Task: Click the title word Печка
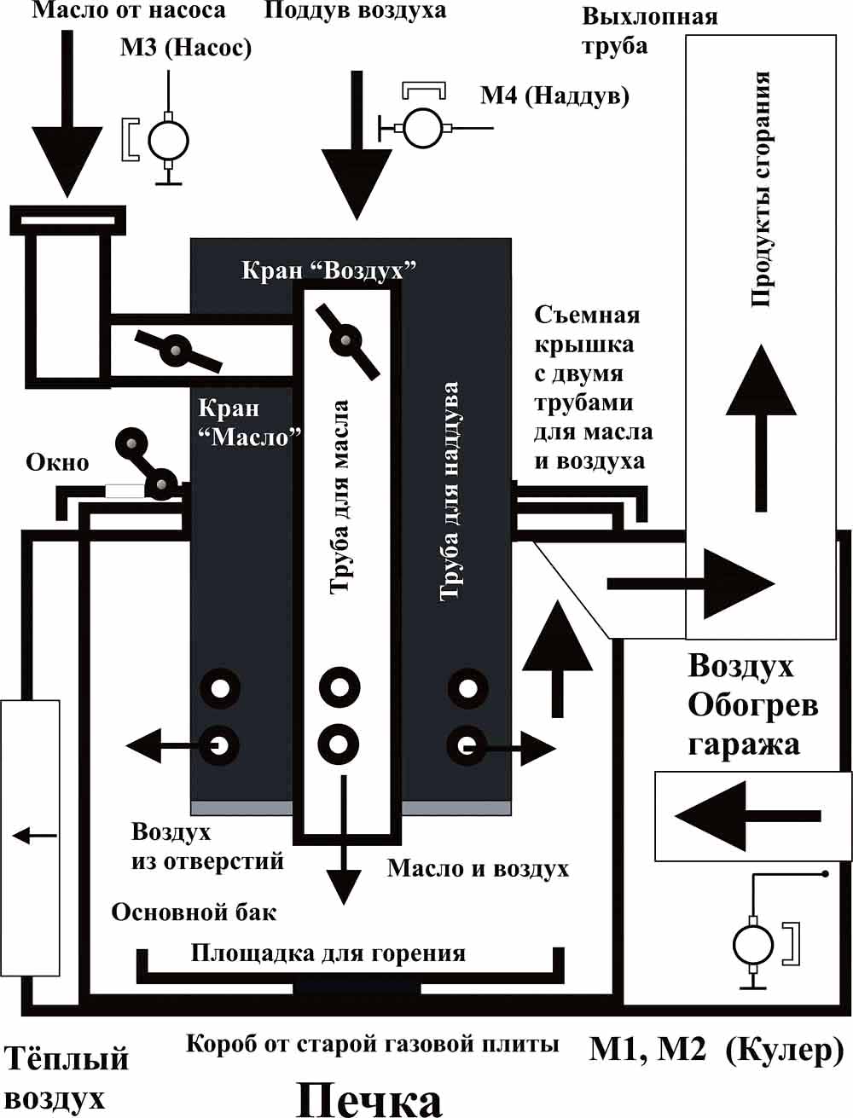click(368, 1099)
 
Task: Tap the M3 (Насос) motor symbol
click(167, 139)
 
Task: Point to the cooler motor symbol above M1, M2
click(752, 945)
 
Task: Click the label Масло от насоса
click(129, 11)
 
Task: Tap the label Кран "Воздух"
click(329, 270)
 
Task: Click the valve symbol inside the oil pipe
click(346, 340)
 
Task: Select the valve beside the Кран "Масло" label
click(177, 350)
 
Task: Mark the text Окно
click(57, 462)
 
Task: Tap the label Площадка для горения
click(328, 953)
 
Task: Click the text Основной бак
click(194, 912)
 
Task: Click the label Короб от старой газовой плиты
click(372, 1044)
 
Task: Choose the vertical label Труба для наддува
click(450, 492)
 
